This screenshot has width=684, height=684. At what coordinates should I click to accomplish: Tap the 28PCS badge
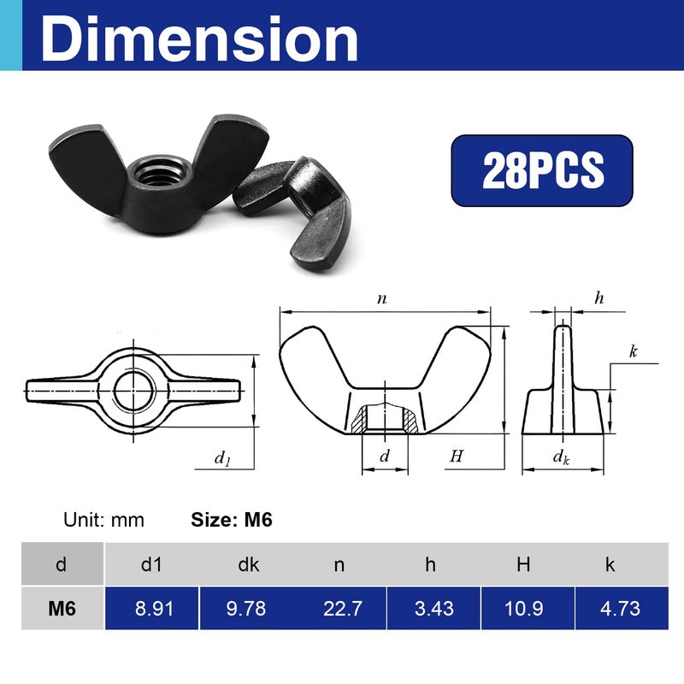click(x=542, y=170)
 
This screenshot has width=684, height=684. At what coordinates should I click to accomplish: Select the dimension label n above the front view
click(x=382, y=299)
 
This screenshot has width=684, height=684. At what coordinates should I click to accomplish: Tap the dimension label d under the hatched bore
click(x=384, y=457)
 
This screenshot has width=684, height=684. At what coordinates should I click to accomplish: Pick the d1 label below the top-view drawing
click(x=222, y=458)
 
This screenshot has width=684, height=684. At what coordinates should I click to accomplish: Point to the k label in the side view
click(x=633, y=351)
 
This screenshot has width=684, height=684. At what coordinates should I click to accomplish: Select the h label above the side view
click(x=598, y=298)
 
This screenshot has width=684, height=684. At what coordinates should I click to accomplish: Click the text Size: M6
click(x=230, y=519)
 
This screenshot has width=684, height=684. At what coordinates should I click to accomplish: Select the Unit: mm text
click(x=104, y=520)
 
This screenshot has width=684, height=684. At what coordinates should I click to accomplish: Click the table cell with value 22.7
click(x=339, y=609)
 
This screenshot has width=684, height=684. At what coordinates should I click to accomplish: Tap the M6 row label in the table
click(x=62, y=609)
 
